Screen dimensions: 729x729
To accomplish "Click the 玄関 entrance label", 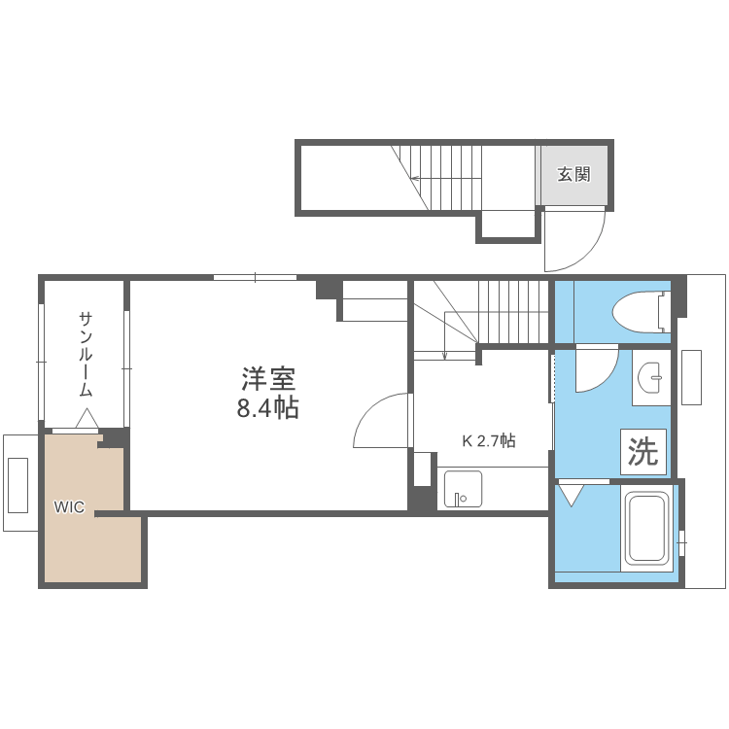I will pyautogui.click(x=573, y=175).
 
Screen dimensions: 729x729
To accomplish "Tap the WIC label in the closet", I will pyautogui.click(x=68, y=506).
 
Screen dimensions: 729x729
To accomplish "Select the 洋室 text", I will pyautogui.click(x=267, y=377).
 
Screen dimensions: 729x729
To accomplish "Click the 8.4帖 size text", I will pyautogui.click(x=267, y=408).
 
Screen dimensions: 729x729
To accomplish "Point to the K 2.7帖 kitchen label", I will pyautogui.click(x=488, y=440).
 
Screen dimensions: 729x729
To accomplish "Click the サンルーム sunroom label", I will pyautogui.click(x=86, y=354).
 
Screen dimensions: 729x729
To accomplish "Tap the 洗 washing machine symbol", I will pyautogui.click(x=642, y=452).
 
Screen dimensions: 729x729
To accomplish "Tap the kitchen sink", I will pyautogui.click(x=463, y=489).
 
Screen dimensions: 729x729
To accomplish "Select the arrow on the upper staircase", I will pyautogui.click(x=416, y=178).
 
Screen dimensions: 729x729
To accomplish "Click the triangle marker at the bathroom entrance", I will pyautogui.click(x=570, y=495).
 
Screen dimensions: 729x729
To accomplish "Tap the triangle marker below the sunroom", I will pyautogui.click(x=86, y=420).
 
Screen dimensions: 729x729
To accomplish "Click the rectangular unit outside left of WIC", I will pyautogui.click(x=19, y=483).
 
